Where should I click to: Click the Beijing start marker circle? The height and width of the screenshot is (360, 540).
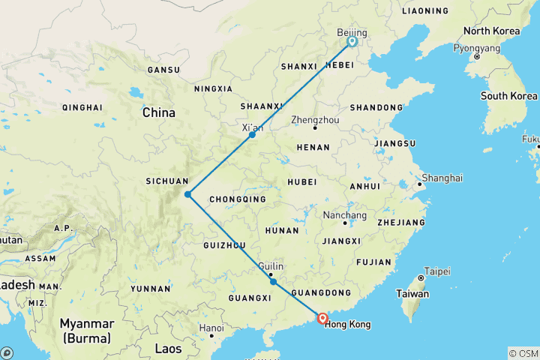coord(352,42)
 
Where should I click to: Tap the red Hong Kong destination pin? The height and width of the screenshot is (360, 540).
coord(322,318)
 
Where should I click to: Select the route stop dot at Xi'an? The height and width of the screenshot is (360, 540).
coord(253,135)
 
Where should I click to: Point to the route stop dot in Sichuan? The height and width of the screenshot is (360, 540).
coord(187,194)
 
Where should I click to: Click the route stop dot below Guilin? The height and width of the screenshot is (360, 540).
coord(273,282)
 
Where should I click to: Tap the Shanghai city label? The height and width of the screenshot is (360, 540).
coord(442,178)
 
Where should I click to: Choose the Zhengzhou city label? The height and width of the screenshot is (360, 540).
coord(315,119)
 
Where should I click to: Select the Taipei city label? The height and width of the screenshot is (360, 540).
coord(437,270)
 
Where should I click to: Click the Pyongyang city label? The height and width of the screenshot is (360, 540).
coord(476,47)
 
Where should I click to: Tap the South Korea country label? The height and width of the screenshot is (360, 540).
coord(509,96)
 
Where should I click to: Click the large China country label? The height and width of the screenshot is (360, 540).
coord(159,113)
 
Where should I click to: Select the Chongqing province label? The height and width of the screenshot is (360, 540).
coord(238,199)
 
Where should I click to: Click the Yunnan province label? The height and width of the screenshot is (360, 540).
coord(150,288)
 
